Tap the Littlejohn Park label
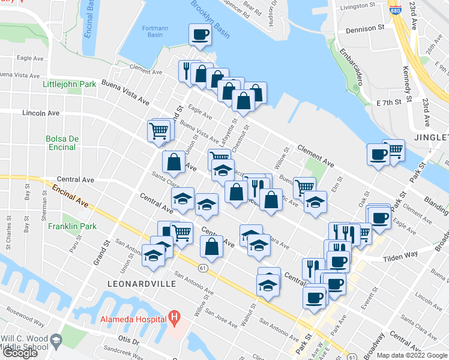(70, 84)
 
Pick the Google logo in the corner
(20, 353)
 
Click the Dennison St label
(364, 28)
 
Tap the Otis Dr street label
(128, 341)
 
